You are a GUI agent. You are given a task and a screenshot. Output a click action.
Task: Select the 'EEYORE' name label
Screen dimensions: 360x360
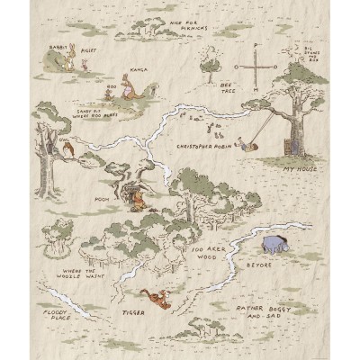[258, 265]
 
